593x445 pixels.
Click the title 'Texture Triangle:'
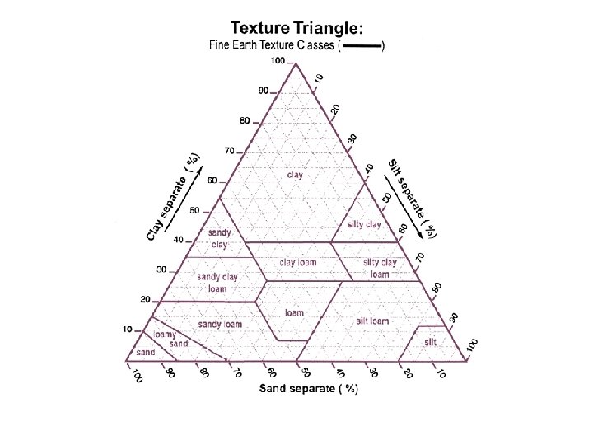pos(295,28)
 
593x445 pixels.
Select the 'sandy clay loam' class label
pos(217,283)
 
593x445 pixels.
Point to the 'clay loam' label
pos(298,262)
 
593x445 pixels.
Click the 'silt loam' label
pos(372,321)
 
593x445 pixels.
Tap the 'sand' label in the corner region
pos(146,352)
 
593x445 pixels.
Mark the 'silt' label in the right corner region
pos(431,341)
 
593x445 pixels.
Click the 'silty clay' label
pos(363,224)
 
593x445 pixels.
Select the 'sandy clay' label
pos(219,238)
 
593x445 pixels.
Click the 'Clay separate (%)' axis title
pos(171,198)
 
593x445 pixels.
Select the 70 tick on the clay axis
pos(229,151)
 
